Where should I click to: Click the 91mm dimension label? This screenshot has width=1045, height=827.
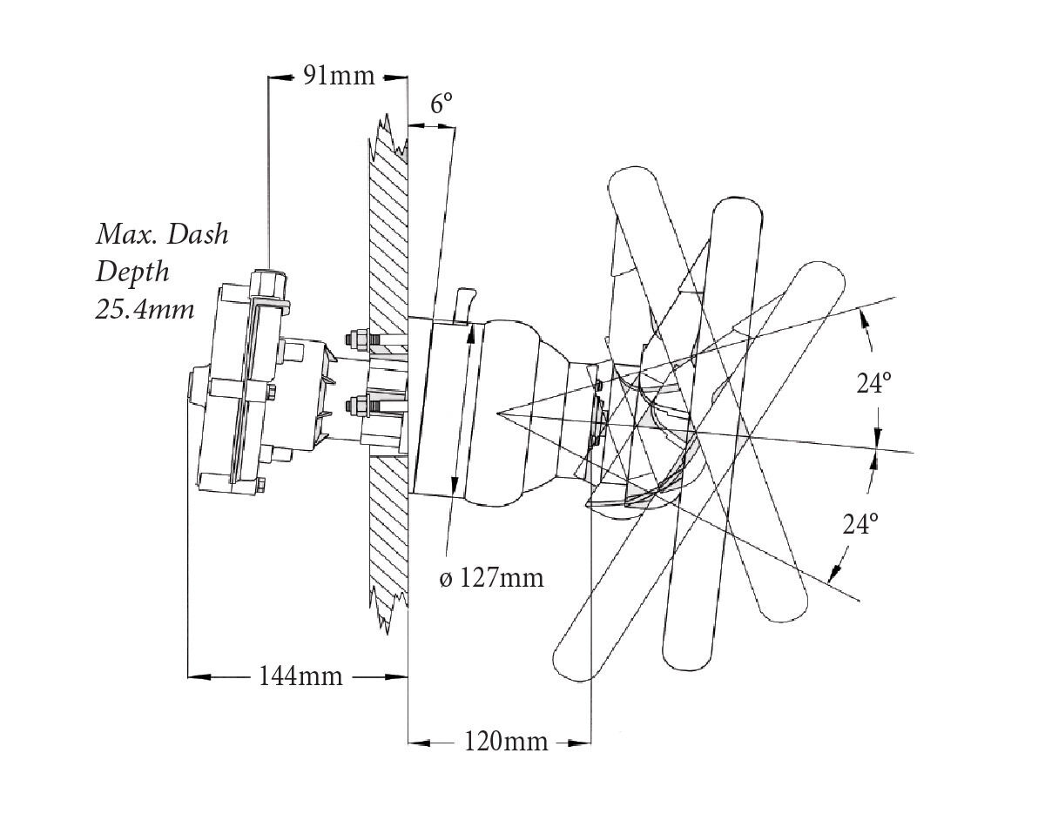pyautogui.click(x=338, y=76)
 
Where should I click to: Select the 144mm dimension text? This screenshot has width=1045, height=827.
pyautogui.click(x=300, y=676)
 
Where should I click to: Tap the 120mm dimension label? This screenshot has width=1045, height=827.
pyautogui.click(x=506, y=742)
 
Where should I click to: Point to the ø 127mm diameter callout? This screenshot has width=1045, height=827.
pyautogui.click(x=491, y=577)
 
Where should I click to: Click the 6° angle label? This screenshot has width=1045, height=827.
pyautogui.click(x=442, y=104)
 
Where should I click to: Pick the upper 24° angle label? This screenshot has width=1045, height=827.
pyautogui.click(x=875, y=383)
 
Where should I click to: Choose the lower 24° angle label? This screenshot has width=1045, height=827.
pyautogui.click(x=860, y=524)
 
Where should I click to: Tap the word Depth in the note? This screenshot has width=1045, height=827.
pyautogui.click(x=132, y=272)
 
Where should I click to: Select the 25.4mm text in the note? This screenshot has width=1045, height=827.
pyautogui.click(x=145, y=309)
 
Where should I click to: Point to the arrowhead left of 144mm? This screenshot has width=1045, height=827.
pyautogui.click(x=199, y=676)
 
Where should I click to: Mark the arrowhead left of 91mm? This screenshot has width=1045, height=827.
pyautogui.click(x=278, y=77)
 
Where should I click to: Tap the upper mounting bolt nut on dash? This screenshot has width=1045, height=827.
pyautogui.click(x=355, y=337)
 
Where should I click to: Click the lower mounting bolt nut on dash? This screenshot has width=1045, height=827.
pyautogui.click(x=355, y=405)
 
